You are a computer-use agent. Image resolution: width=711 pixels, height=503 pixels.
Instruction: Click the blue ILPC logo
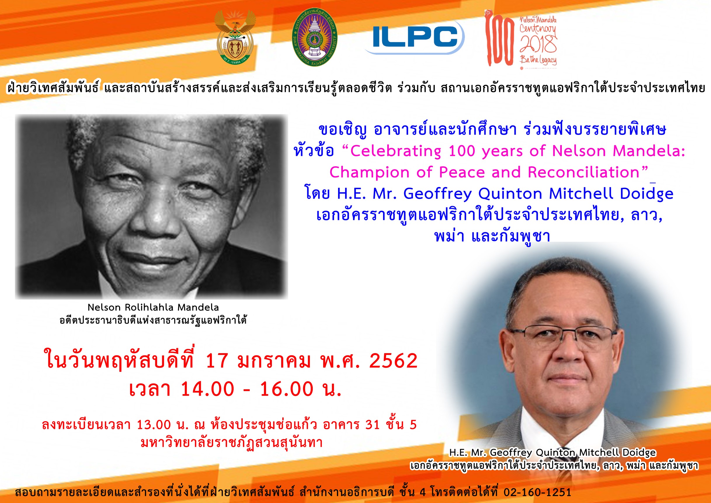coord(414,37)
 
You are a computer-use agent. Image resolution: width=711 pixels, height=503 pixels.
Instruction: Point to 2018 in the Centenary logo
coord(538,44)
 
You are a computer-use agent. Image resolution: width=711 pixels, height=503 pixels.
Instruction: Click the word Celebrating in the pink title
coord(395,151)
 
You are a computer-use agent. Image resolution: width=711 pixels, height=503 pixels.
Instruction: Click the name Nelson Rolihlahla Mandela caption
coord(153,307)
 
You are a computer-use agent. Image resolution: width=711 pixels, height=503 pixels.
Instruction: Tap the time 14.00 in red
coord(208,389)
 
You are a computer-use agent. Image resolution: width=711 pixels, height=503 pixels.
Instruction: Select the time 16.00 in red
coord(286,389)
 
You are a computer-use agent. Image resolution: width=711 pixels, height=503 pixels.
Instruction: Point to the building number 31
coord(373,425)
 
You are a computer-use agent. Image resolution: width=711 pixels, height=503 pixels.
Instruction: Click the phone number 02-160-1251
coord(537,492)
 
